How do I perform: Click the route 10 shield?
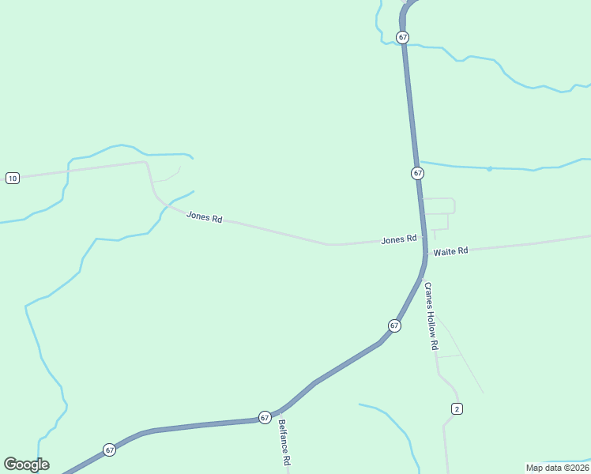(12, 178)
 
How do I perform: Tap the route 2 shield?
(457, 408)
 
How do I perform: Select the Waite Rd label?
(451, 250)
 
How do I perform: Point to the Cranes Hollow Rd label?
(431, 316)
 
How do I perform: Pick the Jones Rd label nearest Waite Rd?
(398, 239)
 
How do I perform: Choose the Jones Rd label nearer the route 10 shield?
(204, 216)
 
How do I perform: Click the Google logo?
(26, 465)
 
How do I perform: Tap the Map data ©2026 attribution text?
(557, 468)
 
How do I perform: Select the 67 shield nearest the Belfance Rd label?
(265, 417)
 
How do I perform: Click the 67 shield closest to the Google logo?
(109, 450)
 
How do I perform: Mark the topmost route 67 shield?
(403, 37)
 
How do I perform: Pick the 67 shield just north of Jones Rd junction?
(417, 173)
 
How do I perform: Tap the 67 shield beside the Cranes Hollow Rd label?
(393, 325)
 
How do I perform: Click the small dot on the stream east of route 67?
(489, 168)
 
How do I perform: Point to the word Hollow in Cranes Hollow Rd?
(431, 319)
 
